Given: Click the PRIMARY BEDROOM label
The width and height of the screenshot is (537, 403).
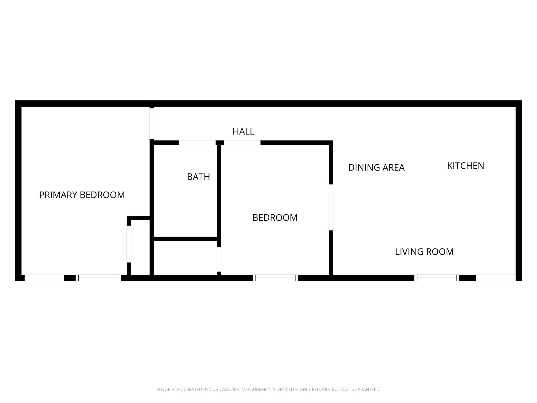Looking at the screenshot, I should point(82,195).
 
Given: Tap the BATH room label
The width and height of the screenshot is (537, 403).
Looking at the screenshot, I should point(198,177).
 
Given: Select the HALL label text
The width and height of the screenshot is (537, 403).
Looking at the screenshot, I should point(243,131).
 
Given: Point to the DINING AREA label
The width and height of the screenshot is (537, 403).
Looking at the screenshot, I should point(376,167).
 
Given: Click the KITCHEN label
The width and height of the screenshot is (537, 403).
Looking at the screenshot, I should point(465,166).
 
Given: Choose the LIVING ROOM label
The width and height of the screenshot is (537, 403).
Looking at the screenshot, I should point(424,252).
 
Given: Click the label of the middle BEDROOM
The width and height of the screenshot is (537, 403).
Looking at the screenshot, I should point(275,218).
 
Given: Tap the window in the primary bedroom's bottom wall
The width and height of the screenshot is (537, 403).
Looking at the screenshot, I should point(98,278).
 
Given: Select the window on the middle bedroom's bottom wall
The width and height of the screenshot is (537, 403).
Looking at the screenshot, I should point(275,278).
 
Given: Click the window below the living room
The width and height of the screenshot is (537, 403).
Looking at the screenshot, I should point(437,278).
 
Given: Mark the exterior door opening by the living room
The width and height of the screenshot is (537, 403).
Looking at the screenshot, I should point(496,278).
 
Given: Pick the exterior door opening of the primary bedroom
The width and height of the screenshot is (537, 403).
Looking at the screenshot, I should point(44,278).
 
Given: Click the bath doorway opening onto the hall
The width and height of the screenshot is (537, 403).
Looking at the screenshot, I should point(197,143).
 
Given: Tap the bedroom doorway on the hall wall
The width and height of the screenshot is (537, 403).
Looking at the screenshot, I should point(242,143).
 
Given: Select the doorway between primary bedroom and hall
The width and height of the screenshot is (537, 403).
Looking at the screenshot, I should point(152,124).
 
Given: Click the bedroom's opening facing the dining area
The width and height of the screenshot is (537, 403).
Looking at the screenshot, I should point(331,207).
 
